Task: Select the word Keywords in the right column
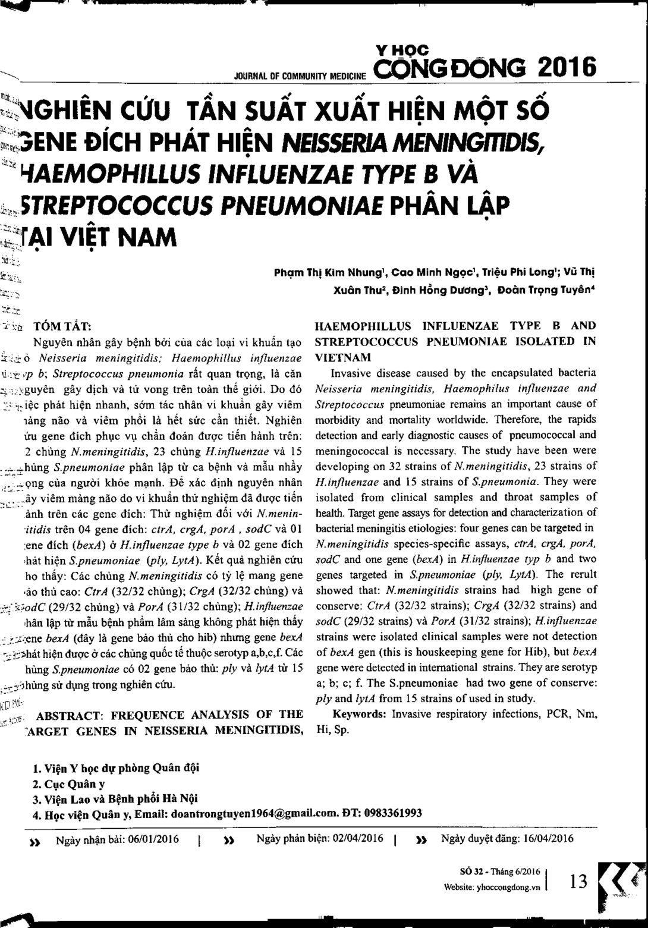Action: tap(360, 714)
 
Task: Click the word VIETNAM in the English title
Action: tap(343, 358)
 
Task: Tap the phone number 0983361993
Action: tap(393, 813)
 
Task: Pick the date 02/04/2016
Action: tap(354, 839)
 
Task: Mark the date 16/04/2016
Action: tap(545, 839)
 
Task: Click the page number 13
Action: tap(578, 880)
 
